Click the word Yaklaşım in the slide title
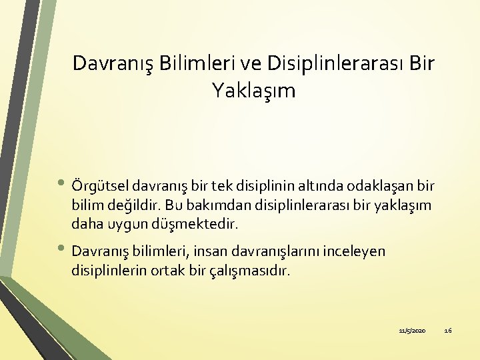253,90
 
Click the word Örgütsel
100,183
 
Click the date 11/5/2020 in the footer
412,330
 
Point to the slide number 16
447,330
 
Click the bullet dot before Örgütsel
62,183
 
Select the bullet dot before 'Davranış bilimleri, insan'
62,251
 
